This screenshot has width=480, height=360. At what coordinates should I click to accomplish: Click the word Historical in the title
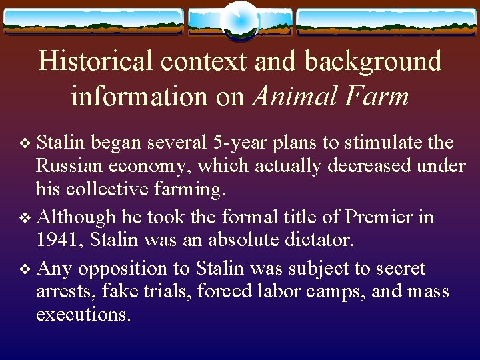(x=95, y=61)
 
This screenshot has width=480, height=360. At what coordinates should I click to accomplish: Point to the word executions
(x=83, y=314)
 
